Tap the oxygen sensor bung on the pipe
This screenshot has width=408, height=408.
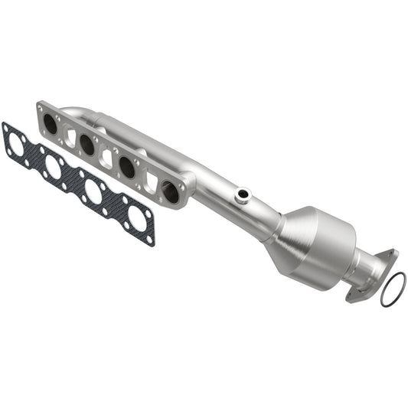click(243, 197)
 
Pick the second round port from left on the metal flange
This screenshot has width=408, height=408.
click(87, 145)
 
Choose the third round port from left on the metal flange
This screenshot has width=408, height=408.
click(127, 168)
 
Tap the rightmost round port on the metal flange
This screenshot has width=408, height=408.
click(170, 192)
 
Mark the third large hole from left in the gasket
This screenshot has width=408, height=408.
click(94, 191)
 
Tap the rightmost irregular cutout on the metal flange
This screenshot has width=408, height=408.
click(150, 182)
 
